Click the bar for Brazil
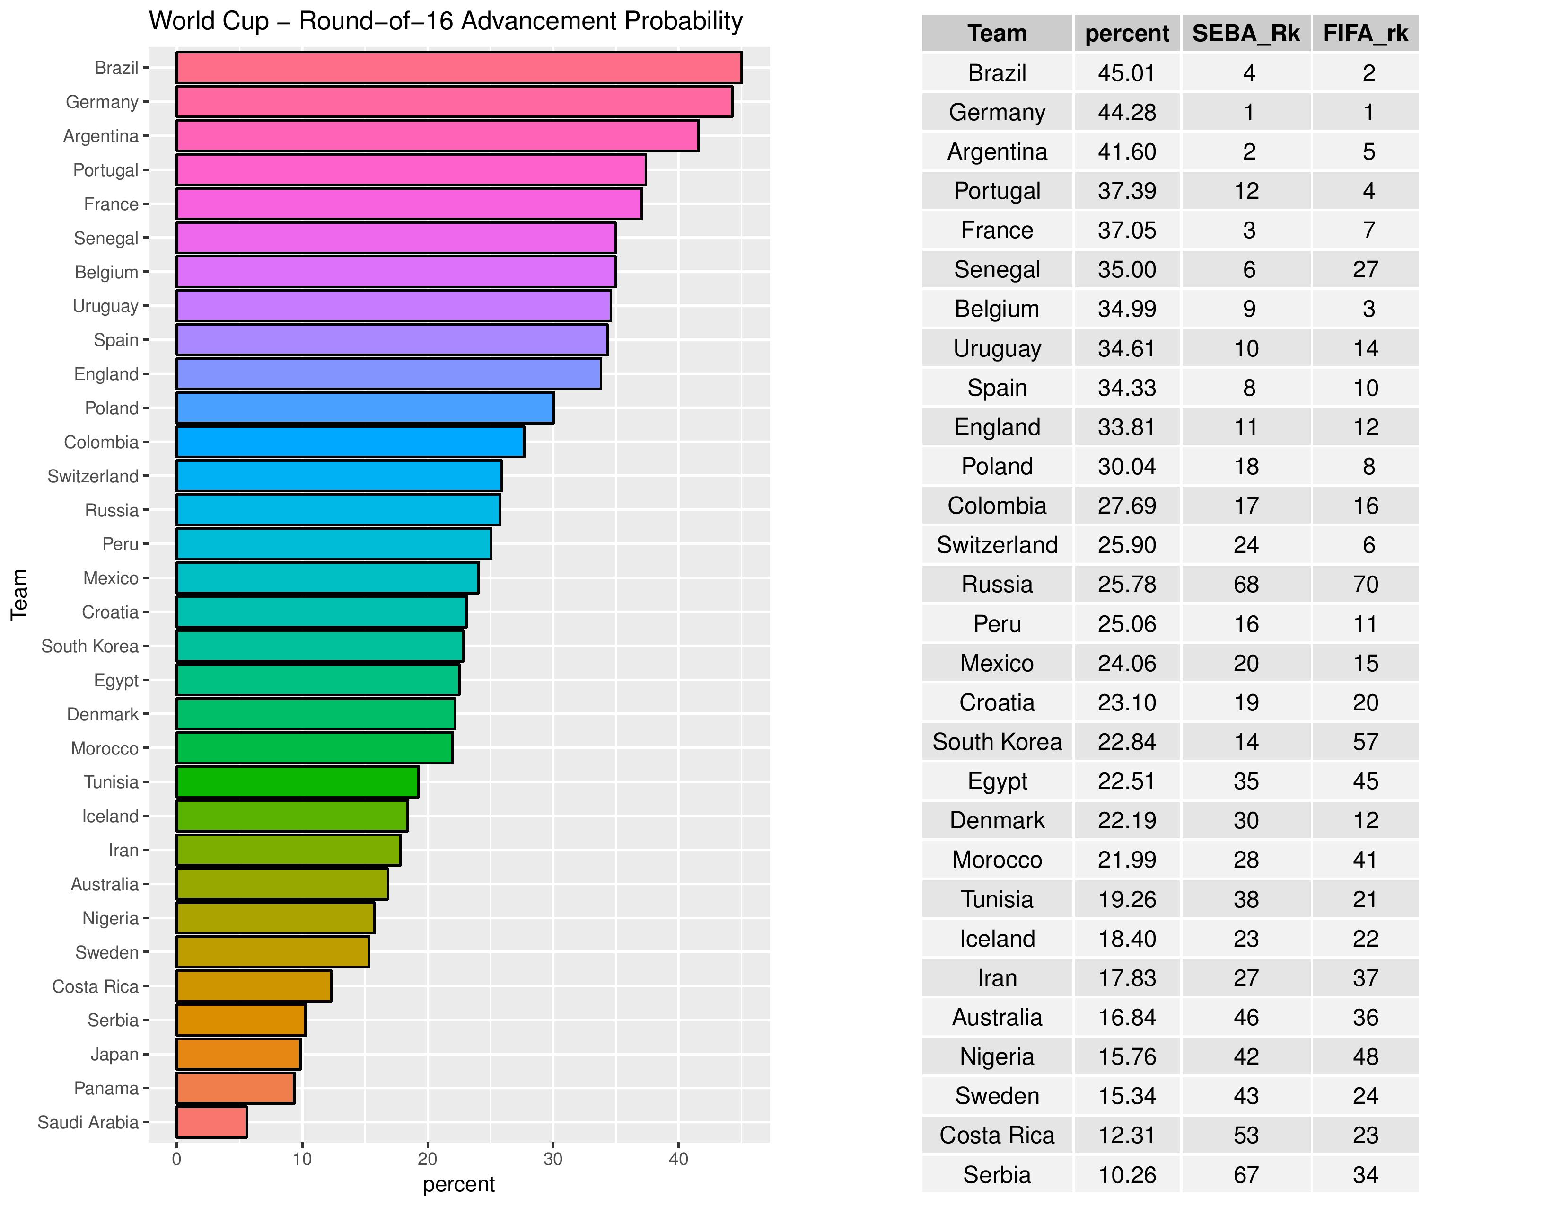tap(459, 68)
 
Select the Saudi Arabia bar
tap(211, 1122)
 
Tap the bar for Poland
tap(365, 408)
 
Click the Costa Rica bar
tap(254, 986)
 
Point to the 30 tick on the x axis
tap(552, 1160)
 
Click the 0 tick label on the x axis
tap(176, 1160)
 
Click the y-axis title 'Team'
tap(19, 594)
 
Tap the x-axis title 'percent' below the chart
tap(458, 1185)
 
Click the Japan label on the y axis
tap(114, 1054)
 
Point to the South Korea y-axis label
tap(90, 647)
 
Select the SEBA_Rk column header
tap(1246, 34)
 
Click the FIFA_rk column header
tap(1365, 34)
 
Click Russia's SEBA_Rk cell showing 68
tap(1246, 584)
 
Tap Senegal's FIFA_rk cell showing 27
tap(1365, 270)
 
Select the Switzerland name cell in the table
tap(997, 545)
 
